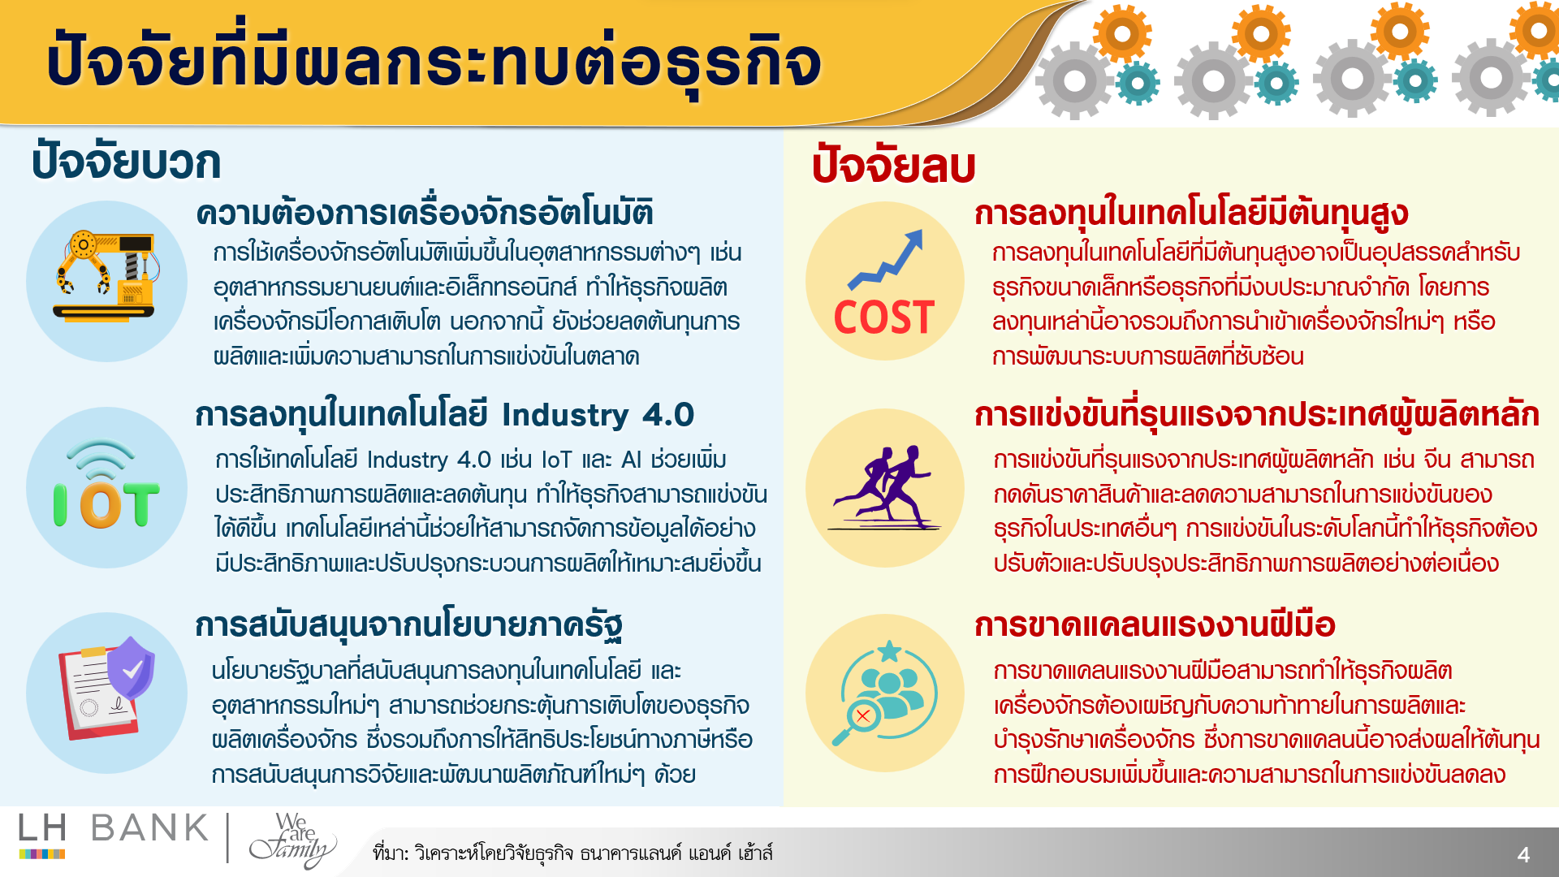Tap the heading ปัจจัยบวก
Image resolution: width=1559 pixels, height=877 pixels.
[126, 161]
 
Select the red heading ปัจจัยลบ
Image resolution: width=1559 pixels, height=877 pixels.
[893, 165]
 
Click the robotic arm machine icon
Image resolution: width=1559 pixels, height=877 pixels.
[106, 277]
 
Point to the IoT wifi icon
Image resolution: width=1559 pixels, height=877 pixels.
[106, 486]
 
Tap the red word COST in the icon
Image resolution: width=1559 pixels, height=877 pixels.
[884, 317]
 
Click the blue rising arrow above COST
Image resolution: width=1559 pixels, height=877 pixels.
[885, 260]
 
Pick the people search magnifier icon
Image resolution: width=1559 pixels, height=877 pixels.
[884, 693]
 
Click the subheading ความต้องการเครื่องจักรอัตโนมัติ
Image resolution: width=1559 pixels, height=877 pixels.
[425, 213]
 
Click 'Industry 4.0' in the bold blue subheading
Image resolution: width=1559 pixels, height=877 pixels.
[598, 415]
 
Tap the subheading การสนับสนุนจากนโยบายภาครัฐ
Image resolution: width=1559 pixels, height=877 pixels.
[409, 625]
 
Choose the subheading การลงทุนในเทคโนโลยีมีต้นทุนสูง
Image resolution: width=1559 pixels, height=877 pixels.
[1191, 213]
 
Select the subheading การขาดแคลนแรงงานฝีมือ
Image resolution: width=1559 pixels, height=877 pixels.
[1155, 625]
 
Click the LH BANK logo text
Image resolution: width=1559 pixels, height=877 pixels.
[114, 829]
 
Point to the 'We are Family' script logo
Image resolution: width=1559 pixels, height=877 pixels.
[292, 840]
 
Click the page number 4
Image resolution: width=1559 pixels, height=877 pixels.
[1523, 854]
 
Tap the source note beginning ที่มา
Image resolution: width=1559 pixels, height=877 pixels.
[572, 853]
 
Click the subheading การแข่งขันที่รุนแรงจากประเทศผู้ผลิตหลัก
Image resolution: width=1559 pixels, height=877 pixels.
[1257, 415]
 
